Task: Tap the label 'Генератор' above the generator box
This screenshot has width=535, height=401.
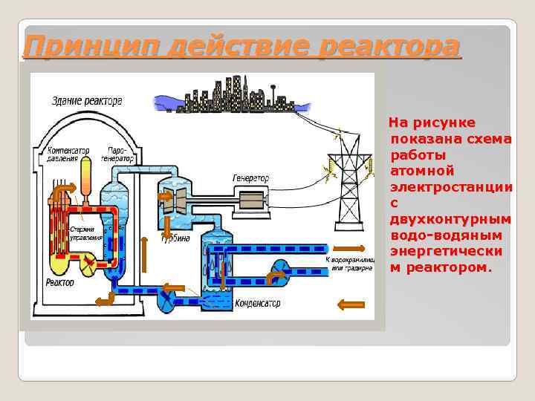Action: [251, 178]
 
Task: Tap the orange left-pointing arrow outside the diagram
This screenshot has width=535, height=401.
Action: [351, 303]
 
